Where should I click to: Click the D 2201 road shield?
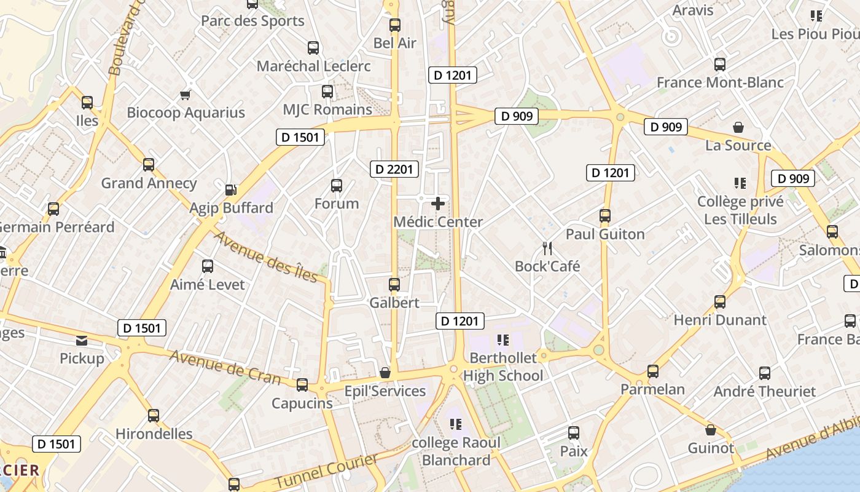[394, 169]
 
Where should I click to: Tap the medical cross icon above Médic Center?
[438, 204]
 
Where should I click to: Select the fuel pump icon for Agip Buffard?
[231, 190]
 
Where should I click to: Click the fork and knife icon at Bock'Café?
[547, 248]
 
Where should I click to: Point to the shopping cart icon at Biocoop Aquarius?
[186, 95]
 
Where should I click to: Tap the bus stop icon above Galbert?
[394, 285]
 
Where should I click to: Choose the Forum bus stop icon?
[337, 186]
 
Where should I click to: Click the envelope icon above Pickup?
[82, 341]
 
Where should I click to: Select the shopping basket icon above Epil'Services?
[385, 373]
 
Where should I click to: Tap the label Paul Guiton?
[605, 234]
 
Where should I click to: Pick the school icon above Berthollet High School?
[504, 339]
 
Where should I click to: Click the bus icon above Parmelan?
[652, 371]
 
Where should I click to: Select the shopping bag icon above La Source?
[738, 127]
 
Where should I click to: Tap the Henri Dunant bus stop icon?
[720, 302]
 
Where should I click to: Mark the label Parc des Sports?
[252, 21]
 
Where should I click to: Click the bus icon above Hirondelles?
[154, 416]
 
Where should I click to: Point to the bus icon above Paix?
[574, 433]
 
